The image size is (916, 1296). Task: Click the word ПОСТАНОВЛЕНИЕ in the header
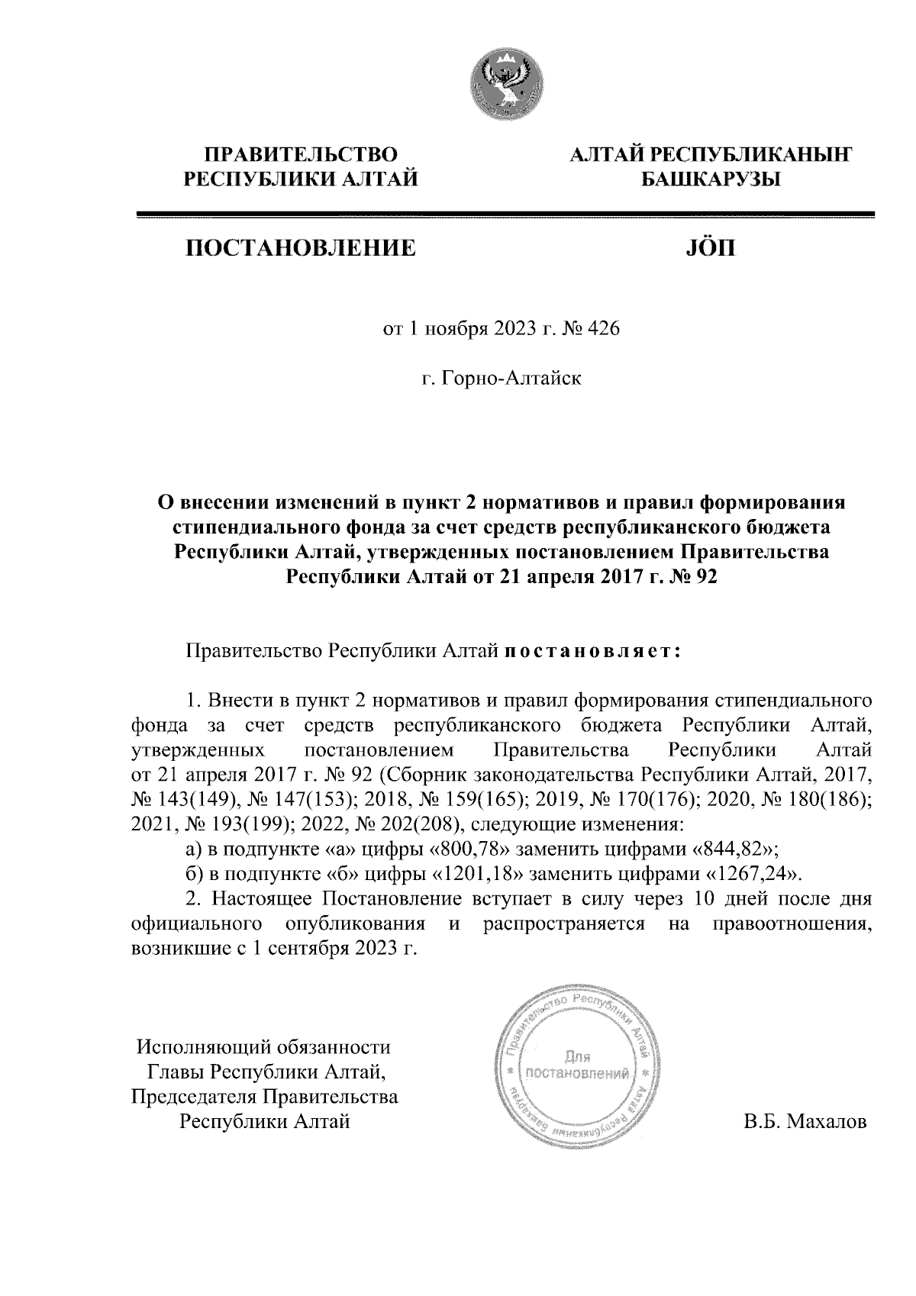[298, 249]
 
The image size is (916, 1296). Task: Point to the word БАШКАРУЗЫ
[707, 180]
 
